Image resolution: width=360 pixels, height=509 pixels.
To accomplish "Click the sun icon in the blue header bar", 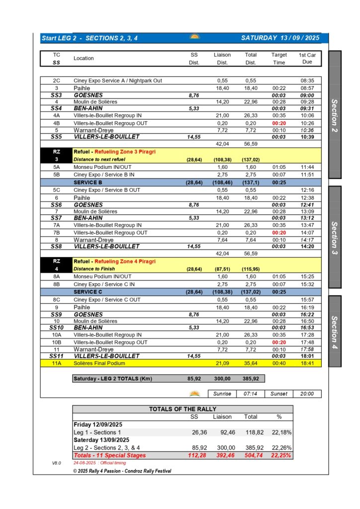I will point(194,37).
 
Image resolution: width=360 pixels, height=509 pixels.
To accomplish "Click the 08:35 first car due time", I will point(307,81).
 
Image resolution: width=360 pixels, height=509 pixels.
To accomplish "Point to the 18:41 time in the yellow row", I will point(307,363).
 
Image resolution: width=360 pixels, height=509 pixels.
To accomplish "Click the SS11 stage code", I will point(56,356).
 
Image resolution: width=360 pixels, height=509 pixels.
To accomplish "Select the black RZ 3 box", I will point(56,155).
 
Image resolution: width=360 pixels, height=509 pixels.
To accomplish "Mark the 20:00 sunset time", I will point(307,394).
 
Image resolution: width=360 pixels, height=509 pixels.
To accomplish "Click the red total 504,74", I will point(251,455).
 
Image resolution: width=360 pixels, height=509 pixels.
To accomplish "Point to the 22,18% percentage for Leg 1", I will point(281,432).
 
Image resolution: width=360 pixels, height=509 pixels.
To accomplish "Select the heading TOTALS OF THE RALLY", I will point(182,409).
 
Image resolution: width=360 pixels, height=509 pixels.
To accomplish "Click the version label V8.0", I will point(56,463).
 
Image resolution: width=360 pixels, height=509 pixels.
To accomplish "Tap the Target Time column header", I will point(279,59).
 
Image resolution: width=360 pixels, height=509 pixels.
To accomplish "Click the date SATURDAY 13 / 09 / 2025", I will point(280,38).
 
